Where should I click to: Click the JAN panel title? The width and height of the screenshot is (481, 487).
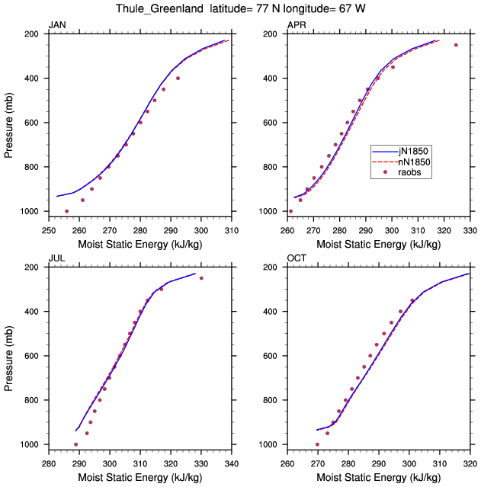coord(57,25)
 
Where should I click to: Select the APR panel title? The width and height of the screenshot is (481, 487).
coord(297,25)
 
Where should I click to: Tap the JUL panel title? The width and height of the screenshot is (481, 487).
coord(57,258)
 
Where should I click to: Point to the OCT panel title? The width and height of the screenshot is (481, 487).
coord(297,258)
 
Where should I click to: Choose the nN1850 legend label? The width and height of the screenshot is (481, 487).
coord(414,162)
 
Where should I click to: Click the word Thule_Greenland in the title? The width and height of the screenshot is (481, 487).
coord(160,8)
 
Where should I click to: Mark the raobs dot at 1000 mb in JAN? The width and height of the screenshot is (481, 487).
coord(66,211)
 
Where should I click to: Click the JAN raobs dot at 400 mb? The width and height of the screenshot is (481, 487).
coord(178,78)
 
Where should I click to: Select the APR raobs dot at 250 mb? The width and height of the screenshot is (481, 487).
coord(456,45)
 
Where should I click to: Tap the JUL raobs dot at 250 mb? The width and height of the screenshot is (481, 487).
coord(201,278)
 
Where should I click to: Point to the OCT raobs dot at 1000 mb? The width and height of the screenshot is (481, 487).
coord(317,444)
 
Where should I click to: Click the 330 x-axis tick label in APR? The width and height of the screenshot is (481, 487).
coord(470,231)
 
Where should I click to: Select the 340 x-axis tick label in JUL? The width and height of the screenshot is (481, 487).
coord(232,464)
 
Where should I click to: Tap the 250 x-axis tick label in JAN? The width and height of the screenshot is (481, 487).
coord(49,231)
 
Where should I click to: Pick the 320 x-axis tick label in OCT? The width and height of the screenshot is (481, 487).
coord(470,464)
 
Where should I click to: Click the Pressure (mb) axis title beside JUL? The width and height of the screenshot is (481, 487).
coord(8,358)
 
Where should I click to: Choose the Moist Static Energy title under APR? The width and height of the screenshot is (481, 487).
coord(378,245)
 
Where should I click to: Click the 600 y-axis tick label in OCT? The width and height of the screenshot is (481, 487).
coord(270,356)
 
